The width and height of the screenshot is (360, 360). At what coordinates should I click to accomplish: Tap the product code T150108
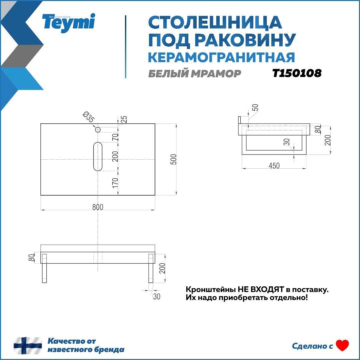click(x=297, y=73)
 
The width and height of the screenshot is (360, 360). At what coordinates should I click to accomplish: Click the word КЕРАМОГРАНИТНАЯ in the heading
click(x=221, y=57)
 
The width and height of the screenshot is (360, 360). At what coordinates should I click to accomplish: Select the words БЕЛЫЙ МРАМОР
click(x=194, y=74)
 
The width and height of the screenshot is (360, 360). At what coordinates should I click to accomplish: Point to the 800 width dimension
click(x=98, y=207)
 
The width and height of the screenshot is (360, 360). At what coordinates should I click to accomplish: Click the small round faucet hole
click(x=98, y=129)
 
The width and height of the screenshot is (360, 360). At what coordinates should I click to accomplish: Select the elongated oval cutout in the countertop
click(x=98, y=156)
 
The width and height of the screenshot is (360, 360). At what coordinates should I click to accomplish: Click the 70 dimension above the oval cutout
click(x=115, y=137)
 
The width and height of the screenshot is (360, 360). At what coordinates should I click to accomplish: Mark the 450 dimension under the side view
click(x=274, y=166)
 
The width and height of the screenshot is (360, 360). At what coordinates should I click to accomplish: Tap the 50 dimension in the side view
click(x=255, y=108)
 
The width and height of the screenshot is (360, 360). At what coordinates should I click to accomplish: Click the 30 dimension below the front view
click(x=157, y=296)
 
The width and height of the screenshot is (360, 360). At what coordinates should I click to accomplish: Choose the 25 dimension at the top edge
click(x=124, y=119)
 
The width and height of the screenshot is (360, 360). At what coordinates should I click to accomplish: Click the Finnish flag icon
click(x=28, y=346)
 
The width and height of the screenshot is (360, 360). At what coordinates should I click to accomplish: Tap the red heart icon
click(x=342, y=346)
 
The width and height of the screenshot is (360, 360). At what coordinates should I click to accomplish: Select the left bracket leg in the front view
click(x=44, y=268)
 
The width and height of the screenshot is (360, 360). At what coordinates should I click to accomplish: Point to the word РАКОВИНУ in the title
click(x=245, y=40)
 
